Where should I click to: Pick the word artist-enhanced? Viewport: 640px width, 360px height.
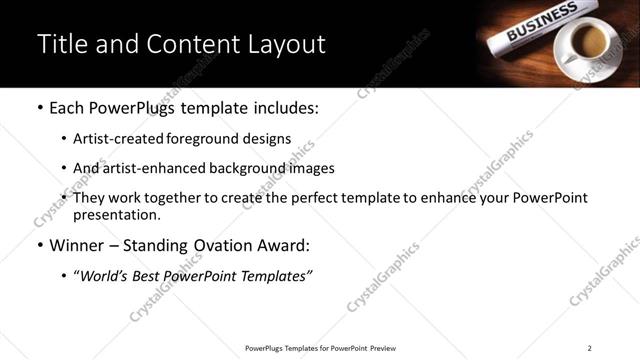click(154, 168)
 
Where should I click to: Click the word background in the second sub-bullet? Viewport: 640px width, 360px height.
click(246, 168)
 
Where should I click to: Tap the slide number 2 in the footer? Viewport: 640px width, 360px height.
click(590, 348)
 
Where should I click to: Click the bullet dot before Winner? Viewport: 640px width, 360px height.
click(40, 245)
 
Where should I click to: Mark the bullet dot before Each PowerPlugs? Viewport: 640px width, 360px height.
click(40, 108)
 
